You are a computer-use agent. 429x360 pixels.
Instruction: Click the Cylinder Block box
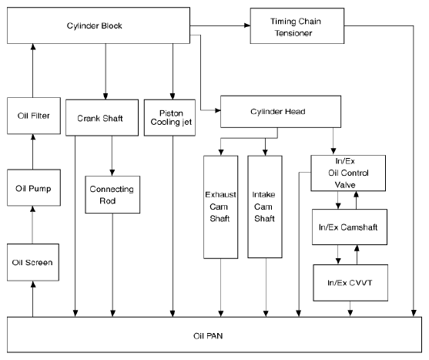(x=99, y=25)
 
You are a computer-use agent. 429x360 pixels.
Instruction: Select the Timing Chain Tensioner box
(x=297, y=25)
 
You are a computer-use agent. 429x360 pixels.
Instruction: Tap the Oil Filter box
(x=34, y=116)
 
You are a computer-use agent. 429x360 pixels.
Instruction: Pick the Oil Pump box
(x=34, y=188)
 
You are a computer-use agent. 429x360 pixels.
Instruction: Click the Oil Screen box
(x=33, y=262)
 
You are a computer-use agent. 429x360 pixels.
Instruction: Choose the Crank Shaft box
(x=102, y=118)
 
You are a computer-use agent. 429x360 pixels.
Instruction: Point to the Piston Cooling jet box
(x=169, y=118)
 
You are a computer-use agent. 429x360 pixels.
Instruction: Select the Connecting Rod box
(x=112, y=194)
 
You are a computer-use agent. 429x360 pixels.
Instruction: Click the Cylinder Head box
(x=280, y=112)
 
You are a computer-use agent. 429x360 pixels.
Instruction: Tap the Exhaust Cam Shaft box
(x=221, y=207)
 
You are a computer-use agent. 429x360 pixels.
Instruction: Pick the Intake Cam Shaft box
(x=265, y=207)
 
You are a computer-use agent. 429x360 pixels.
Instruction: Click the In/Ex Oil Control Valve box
(x=348, y=173)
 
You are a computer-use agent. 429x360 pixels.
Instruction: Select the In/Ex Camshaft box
(x=350, y=227)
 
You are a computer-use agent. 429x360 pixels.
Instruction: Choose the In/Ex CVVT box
(x=350, y=283)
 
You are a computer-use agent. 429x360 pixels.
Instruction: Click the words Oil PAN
(x=208, y=336)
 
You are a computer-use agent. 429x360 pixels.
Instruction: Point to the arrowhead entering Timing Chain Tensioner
(x=247, y=25)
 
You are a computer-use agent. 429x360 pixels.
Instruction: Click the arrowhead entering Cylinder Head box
(x=218, y=110)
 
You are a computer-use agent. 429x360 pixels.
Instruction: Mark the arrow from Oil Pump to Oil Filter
(x=33, y=152)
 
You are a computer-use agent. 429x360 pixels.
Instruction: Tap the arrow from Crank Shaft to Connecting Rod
(x=112, y=156)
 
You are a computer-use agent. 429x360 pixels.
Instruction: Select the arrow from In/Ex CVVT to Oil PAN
(x=350, y=309)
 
